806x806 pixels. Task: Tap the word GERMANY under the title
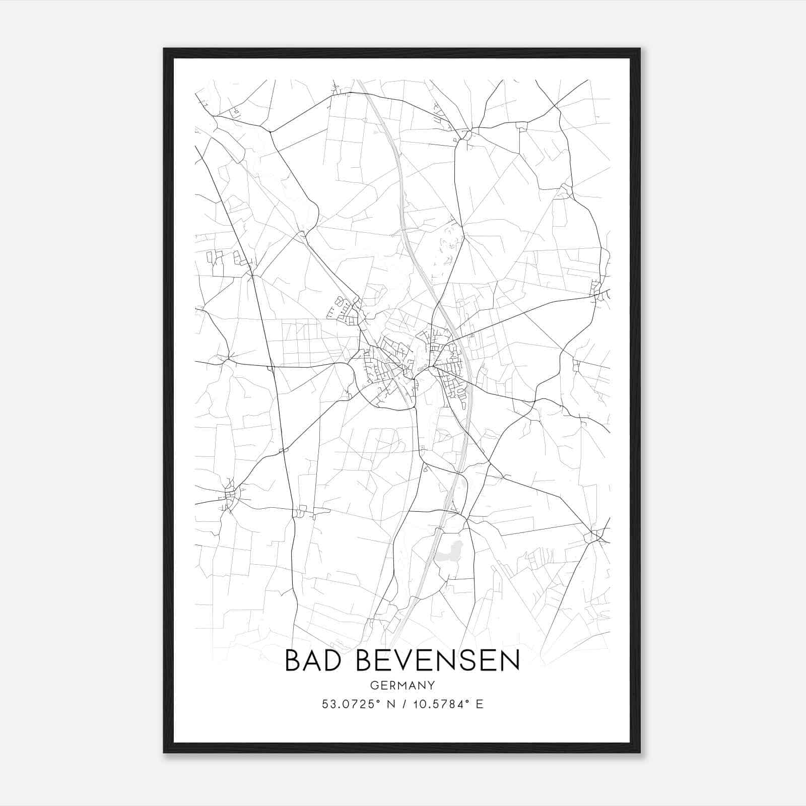(x=402, y=685)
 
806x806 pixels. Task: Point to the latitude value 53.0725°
(x=348, y=704)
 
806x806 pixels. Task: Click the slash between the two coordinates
(x=402, y=704)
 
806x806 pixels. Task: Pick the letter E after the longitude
(x=480, y=704)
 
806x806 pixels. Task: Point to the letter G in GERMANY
(x=373, y=685)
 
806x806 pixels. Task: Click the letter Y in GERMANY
(x=431, y=685)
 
